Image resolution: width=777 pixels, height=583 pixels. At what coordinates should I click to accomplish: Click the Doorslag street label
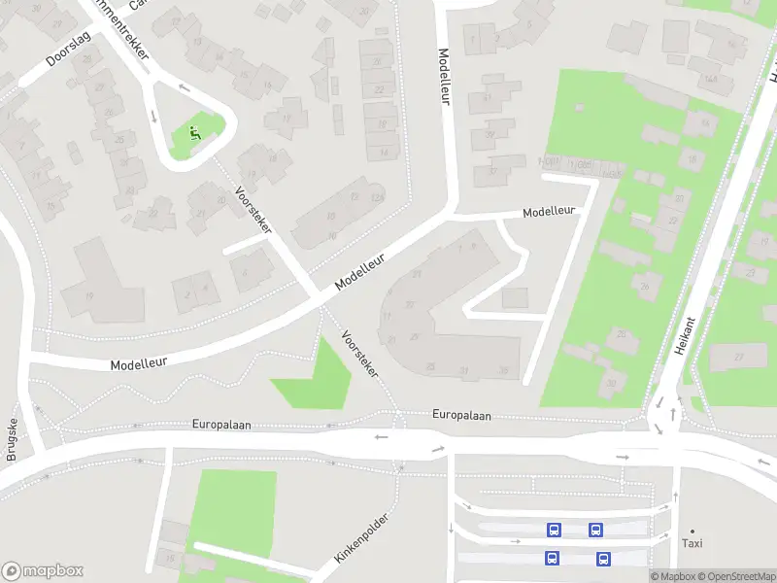tap(67, 53)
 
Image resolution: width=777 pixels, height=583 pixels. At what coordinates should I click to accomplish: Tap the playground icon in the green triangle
tap(194, 134)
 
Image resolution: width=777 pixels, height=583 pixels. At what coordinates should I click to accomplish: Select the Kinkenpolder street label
tap(361, 538)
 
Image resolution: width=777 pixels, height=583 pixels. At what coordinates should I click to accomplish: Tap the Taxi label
tap(693, 544)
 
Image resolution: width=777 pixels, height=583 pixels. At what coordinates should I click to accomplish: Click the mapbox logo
tap(43, 571)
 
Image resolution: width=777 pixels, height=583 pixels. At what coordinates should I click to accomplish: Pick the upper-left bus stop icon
tap(554, 530)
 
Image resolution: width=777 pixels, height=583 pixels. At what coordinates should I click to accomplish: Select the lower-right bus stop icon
tap(603, 559)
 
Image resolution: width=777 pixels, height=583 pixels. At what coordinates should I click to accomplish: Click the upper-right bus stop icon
tap(595, 530)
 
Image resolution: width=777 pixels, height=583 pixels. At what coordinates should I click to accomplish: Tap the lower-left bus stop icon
tap(552, 559)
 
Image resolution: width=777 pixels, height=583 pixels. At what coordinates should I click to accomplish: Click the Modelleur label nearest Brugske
tap(138, 360)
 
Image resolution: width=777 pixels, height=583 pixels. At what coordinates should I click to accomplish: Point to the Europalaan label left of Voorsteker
tap(222, 424)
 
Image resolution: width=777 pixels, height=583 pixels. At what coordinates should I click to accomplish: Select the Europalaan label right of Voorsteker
tap(461, 416)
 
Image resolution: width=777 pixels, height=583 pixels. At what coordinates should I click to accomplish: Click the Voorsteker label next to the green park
tap(359, 354)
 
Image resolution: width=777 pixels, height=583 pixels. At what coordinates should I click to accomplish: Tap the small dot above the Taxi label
tap(693, 532)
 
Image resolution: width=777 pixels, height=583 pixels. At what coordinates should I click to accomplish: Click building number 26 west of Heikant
tap(642, 287)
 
